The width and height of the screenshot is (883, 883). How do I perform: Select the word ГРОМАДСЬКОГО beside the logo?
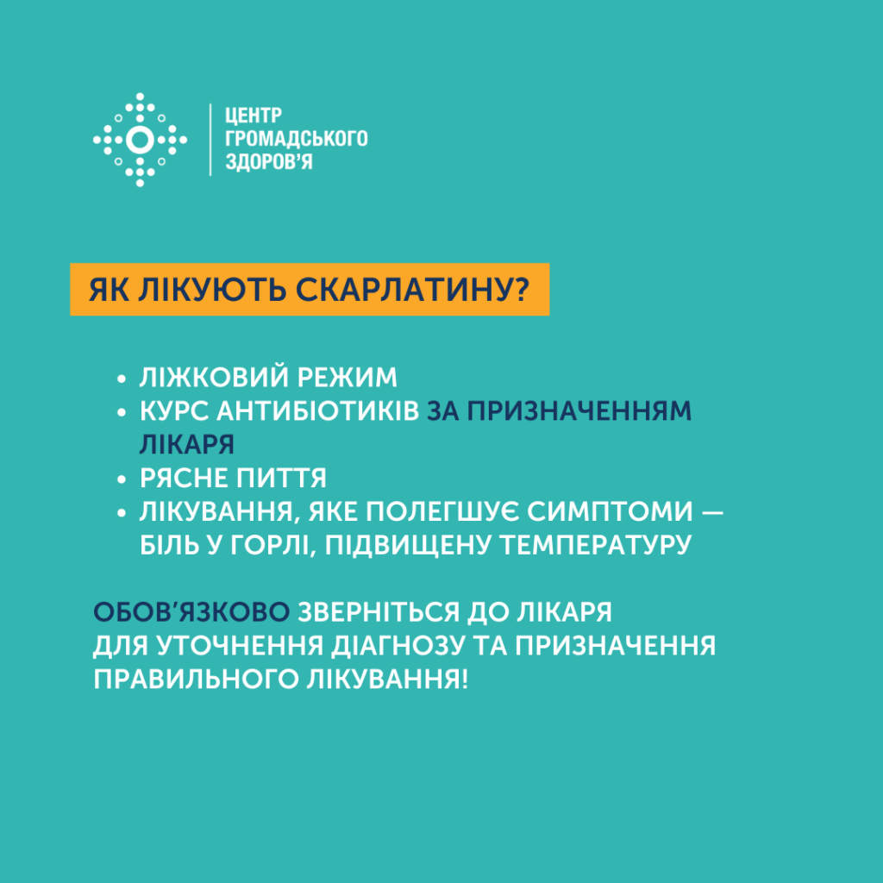pos(297,139)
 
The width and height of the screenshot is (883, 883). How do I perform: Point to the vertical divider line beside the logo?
pos(210,140)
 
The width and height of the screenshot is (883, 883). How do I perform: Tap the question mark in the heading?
pos(522,290)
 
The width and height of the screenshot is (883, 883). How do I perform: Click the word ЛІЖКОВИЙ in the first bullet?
pos(214,378)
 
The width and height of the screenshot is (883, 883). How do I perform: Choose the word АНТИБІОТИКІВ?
pos(318,411)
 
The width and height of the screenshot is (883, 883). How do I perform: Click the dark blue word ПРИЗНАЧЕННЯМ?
pos(579,411)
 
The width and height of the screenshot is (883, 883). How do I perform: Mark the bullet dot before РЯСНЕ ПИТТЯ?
pos(121,479)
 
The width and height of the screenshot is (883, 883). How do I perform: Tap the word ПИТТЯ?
pos(281,478)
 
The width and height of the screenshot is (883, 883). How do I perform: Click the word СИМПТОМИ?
pos(610,512)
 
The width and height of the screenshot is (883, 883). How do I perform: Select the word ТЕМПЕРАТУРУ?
pos(596,545)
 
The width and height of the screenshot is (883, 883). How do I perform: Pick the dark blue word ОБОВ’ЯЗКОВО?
pos(191,612)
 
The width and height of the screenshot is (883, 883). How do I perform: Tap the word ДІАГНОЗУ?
pos(398,646)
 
